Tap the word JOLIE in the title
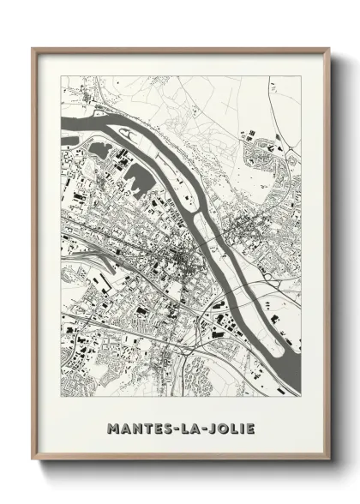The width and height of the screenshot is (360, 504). point(229,402)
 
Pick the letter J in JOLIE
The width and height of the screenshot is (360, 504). point(211,402)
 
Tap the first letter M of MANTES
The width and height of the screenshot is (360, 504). point(113,402)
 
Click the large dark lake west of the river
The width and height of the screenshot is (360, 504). point(137,180)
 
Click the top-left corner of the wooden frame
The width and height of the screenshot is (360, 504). point(33,49)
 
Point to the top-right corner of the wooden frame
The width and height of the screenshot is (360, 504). point(328,49)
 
